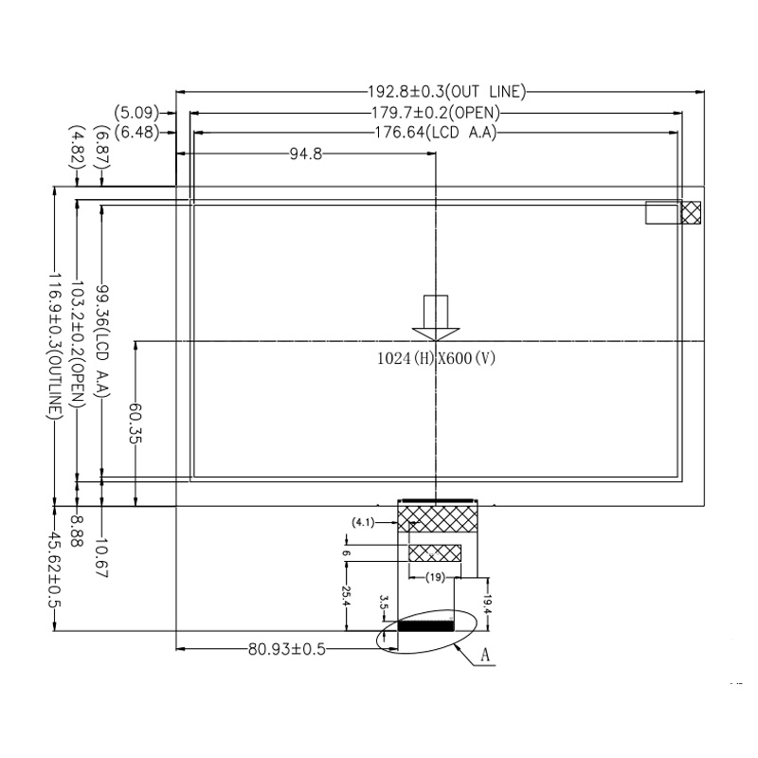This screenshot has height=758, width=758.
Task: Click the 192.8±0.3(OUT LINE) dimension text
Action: point(446,93)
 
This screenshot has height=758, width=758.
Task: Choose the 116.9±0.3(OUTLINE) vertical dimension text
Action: point(55,346)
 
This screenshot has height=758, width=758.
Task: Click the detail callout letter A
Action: point(485,655)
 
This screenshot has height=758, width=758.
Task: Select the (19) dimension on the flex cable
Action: point(436,577)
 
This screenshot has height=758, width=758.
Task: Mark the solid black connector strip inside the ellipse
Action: point(425,625)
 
